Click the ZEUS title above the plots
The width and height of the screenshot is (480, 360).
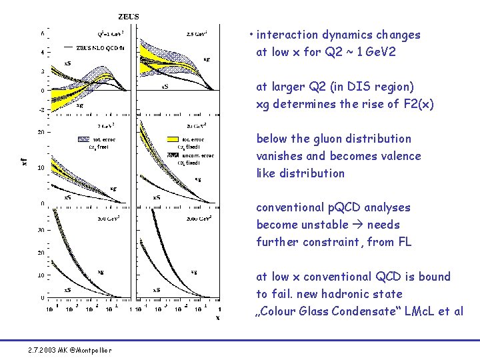(129, 17)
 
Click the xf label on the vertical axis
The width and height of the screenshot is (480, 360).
(25, 161)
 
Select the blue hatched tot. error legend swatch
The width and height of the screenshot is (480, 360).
(83, 139)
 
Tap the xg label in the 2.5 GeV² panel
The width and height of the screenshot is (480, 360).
(207, 59)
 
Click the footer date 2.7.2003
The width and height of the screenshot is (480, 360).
(43, 351)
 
